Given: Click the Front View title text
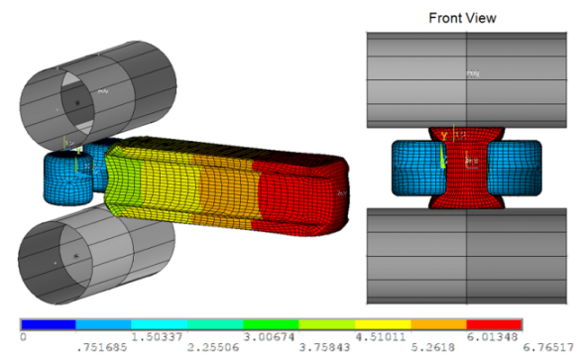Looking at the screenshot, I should [462, 17].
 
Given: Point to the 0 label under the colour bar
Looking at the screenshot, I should [22, 337].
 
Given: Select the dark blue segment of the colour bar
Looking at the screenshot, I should [48, 324].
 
